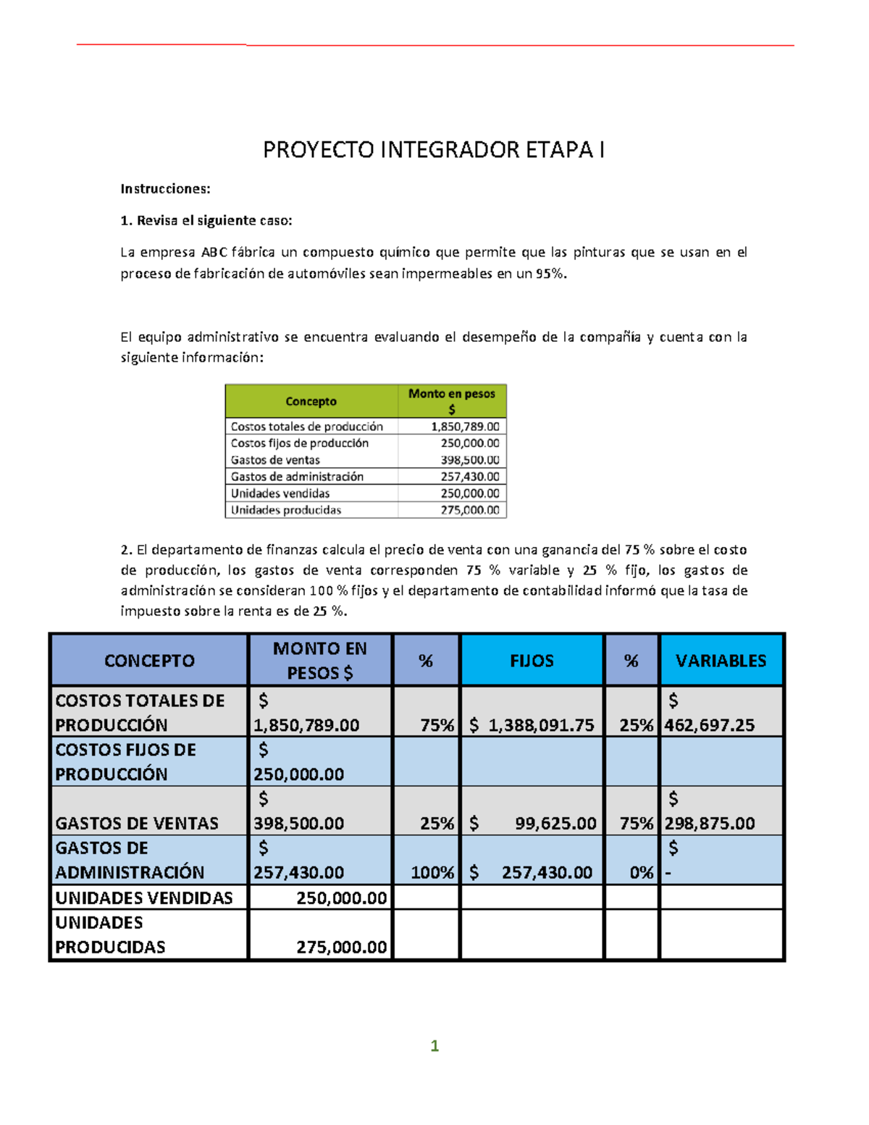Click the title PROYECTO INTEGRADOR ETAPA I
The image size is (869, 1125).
[433, 150]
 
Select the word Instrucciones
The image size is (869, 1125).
[165, 189]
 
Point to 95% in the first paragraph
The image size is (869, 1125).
[550, 274]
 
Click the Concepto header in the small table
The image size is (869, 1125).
[311, 401]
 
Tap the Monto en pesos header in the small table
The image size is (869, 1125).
[452, 401]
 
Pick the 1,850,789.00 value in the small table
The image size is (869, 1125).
[465, 427]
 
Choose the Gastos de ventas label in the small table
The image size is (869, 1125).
[275, 460]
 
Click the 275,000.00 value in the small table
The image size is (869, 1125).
[470, 510]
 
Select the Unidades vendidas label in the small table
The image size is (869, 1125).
[280, 493]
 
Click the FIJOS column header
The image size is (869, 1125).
[532, 661]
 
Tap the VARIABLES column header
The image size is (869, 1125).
[721, 661]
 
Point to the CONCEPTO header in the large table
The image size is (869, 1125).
[149, 661]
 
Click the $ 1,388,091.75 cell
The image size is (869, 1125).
[532, 725]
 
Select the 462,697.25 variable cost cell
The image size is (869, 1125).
[710, 725]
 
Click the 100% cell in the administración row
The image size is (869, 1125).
[432, 872]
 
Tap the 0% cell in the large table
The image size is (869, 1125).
[641, 872]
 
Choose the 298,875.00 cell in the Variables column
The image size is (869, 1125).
[710, 823]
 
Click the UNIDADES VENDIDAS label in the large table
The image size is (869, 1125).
[144, 898]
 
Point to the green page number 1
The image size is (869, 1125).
[434, 1045]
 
